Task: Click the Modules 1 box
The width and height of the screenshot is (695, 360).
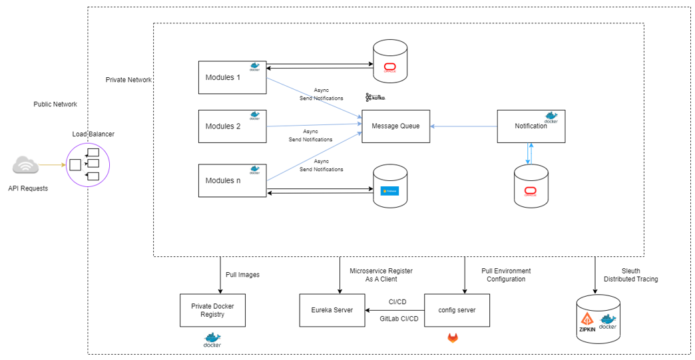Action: (232, 77)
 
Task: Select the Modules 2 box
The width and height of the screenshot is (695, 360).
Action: (232, 126)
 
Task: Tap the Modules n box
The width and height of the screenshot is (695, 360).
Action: (232, 181)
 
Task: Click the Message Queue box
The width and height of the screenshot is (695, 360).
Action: (395, 126)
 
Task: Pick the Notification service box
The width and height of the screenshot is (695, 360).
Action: (531, 126)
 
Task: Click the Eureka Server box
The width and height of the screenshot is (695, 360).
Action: (331, 310)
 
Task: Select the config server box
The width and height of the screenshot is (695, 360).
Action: (456, 310)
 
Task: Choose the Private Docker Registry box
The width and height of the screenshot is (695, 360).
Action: (213, 310)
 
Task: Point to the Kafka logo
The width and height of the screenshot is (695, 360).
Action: (375, 97)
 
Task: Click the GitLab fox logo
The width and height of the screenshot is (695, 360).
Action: (453, 338)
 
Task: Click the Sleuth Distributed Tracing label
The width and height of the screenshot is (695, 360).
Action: (630, 275)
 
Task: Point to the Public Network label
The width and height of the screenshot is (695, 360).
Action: (55, 104)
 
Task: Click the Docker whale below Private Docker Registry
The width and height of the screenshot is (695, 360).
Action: (212, 339)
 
